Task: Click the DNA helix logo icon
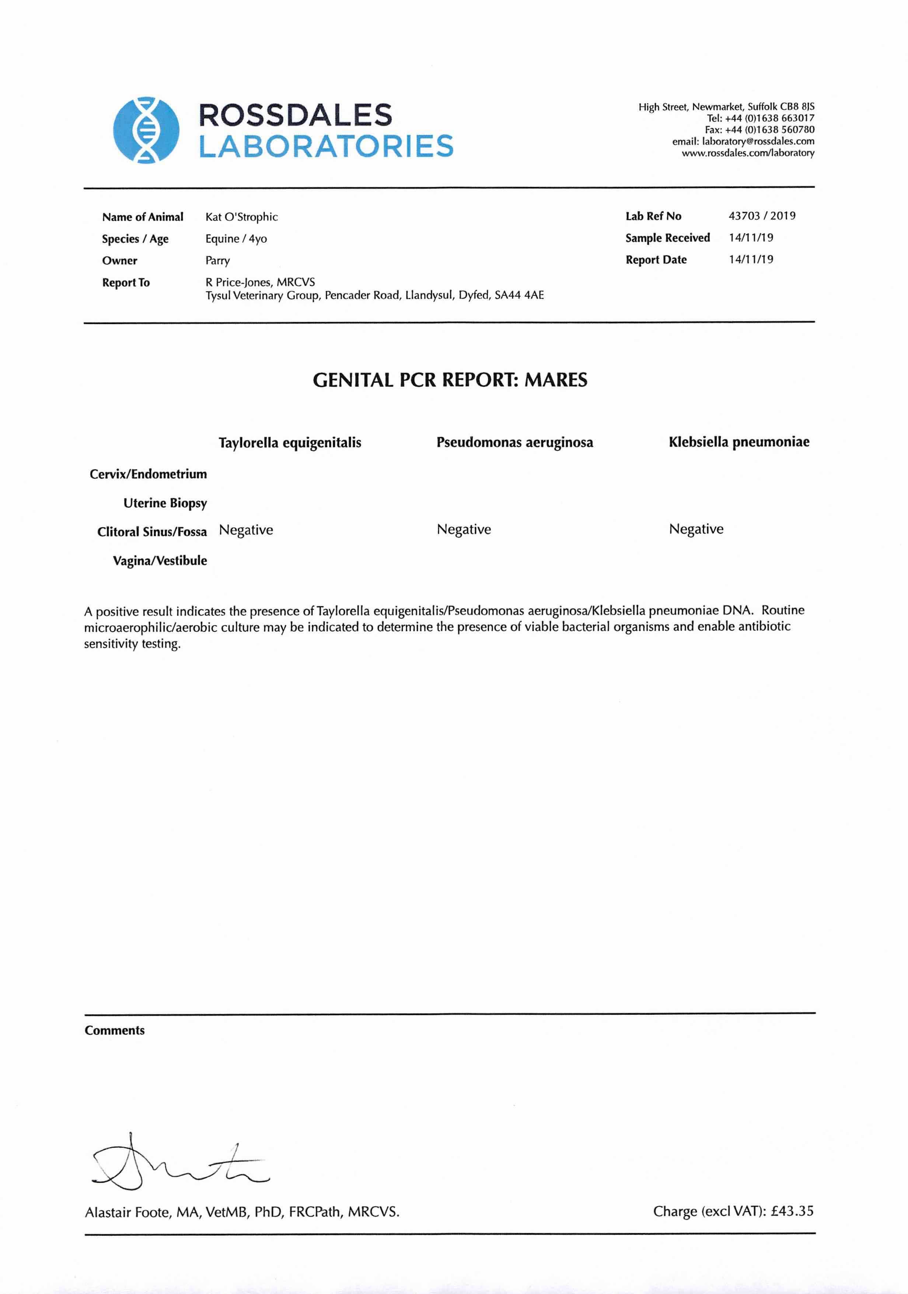tap(146, 130)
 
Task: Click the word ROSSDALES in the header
tap(295, 115)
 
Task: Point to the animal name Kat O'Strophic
tap(241, 217)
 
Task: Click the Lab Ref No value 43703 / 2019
tap(761, 216)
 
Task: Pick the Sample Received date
tap(750, 238)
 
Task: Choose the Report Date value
tap(750, 260)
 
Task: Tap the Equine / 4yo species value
tap(235, 239)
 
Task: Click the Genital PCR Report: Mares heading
tap(450, 380)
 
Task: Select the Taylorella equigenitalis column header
tap(290, 443)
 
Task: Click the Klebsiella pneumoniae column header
tap(738, 442)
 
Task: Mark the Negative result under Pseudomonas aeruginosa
tap(463, 530)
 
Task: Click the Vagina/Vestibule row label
tap(160, 561)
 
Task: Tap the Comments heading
tap(114, 1030)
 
